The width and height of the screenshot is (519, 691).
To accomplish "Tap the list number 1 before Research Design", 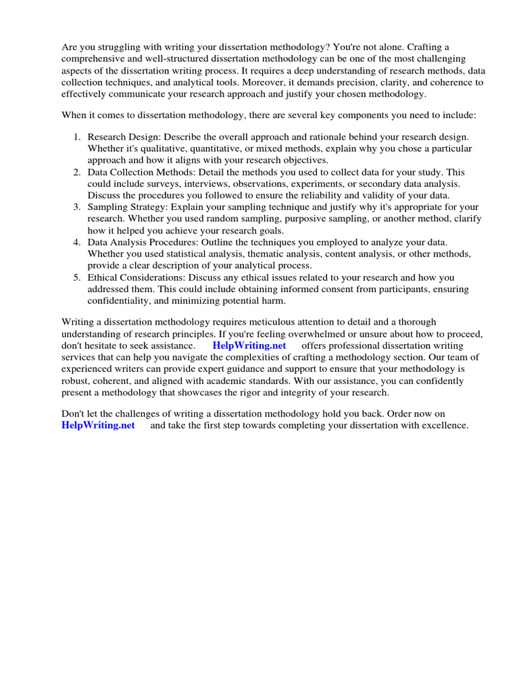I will [77, 136].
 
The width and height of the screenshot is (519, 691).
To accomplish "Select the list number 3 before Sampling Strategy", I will [77, 207].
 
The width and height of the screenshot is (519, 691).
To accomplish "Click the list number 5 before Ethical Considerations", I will [77, 277].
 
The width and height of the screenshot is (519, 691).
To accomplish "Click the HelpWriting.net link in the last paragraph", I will [98, 425].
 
